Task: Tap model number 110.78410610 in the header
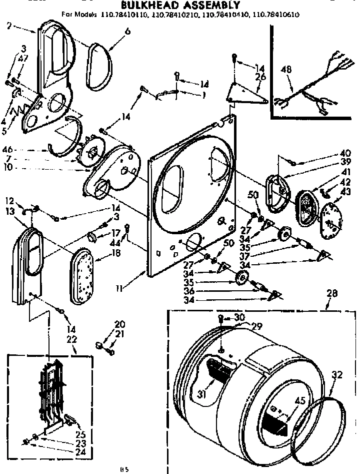click(x=276, y=15)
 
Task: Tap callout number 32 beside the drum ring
click(x=336, y=373)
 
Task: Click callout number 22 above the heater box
click(x=71, y=339)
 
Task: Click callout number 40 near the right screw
click(x=345, y=153)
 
